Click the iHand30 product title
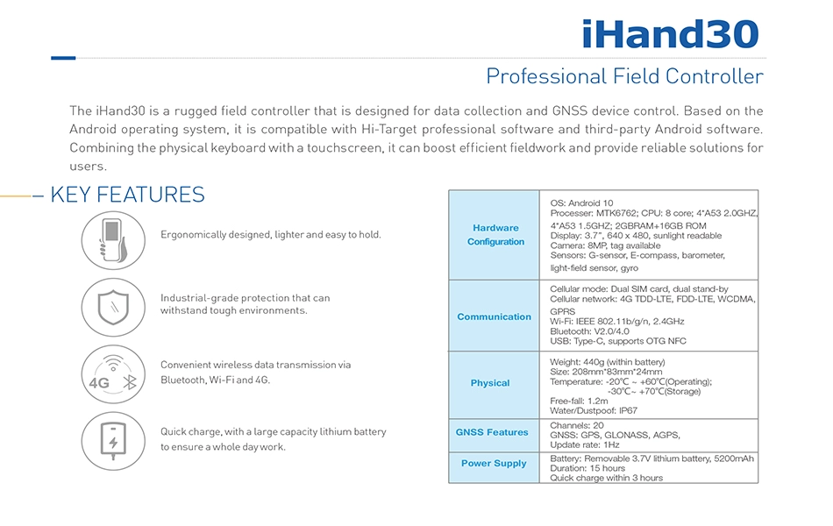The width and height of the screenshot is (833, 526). (671, 34)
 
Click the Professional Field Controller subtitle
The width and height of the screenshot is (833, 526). (624, 76)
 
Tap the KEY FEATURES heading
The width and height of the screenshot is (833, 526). (127, 195)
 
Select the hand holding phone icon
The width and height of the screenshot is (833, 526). (113, 240)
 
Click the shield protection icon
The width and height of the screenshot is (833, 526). (113, 307)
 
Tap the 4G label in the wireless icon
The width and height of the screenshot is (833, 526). (99, 383)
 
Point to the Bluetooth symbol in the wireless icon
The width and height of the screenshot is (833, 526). (130, 381)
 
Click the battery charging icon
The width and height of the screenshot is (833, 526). (113, 441)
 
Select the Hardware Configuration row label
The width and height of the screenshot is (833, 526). (495, 234)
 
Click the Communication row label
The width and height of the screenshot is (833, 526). (494, 316)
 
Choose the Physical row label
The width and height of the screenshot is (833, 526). (490, 382)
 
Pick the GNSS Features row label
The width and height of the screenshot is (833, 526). (492, 432)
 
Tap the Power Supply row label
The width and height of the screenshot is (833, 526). (494, 463)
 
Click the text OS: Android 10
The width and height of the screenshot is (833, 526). (581, 203)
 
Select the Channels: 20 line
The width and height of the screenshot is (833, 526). (577, 425)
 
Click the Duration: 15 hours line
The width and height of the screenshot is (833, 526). (587, 468)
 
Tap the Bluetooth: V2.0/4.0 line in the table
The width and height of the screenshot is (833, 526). (590, 331)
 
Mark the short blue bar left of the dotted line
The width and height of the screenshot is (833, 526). (63, 58)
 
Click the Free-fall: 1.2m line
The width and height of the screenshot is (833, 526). (579, 402)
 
